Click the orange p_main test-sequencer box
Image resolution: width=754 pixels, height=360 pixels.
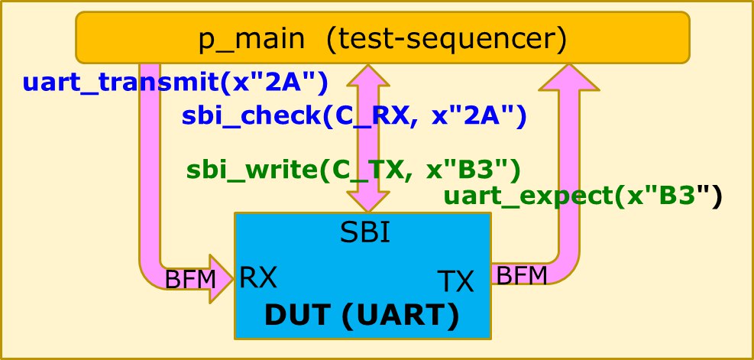(x=382, y=38)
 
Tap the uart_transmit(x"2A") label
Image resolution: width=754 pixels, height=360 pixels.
(x=176, y=82)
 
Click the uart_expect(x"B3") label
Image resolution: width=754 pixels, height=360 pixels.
(x=582, y=196)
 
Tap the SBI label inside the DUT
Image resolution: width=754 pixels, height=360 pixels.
(x=365, y=232)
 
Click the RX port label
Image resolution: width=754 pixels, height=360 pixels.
(x=258, y=277)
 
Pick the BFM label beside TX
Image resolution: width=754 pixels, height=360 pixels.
(x=522, y=274)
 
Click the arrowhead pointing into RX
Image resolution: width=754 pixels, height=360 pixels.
(x=222, y=279)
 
